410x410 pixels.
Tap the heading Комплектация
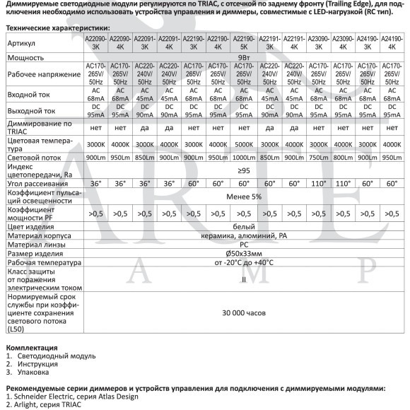[x=31, y=348]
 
